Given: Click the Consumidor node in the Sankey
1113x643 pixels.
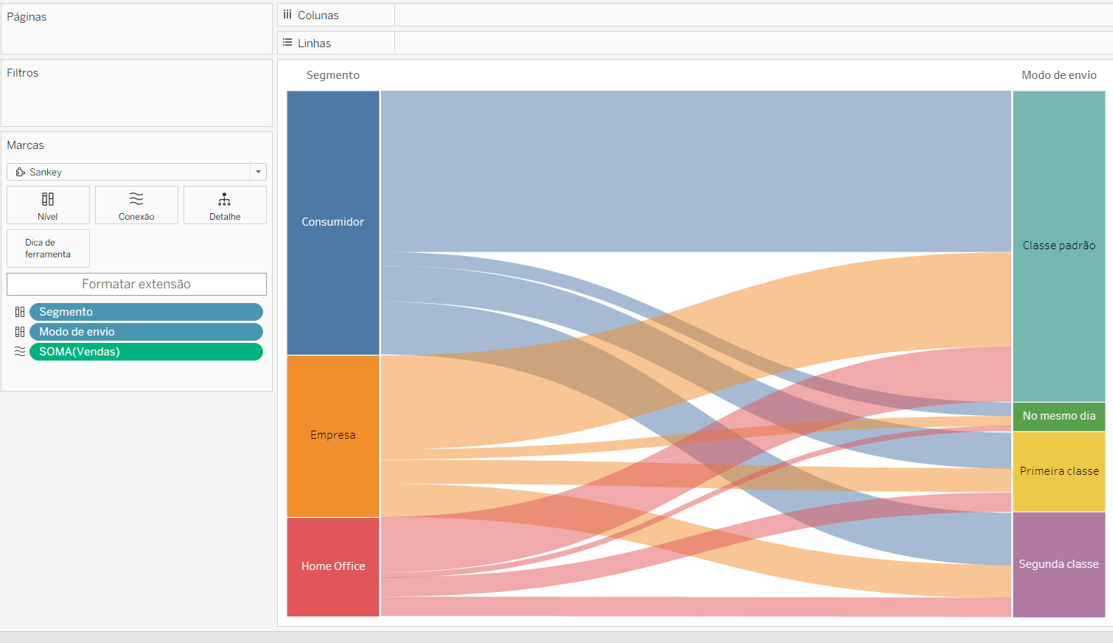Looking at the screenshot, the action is point(333,223).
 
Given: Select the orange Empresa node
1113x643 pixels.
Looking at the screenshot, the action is point(333,436).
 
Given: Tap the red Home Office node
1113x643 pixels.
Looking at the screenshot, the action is point(333,567).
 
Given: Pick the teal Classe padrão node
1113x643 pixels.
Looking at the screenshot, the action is point(1059,246).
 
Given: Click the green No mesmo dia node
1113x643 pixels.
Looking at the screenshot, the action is point(1059,417).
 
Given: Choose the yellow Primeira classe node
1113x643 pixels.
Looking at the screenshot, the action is point(1059,472).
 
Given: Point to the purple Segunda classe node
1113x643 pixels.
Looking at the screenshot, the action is point(1059,565).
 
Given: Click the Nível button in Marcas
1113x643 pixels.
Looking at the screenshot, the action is point(48,205).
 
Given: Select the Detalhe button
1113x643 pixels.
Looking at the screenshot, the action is point(225,205).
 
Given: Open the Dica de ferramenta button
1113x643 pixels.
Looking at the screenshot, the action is point(48,248).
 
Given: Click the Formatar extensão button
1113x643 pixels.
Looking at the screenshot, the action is point(136,284).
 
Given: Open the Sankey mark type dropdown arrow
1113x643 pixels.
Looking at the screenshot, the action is point(259,172).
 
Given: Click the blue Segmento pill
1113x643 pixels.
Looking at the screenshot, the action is point(146,312).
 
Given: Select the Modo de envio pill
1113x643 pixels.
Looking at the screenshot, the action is point(146,331).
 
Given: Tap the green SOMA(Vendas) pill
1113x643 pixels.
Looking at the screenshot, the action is point(146,351).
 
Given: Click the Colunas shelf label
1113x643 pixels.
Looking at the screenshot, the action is point(318,15).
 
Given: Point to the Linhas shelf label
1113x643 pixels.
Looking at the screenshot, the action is point(314,44).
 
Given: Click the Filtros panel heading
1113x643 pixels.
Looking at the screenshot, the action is point(22,72).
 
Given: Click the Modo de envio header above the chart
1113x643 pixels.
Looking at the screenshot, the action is point(1059,75).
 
